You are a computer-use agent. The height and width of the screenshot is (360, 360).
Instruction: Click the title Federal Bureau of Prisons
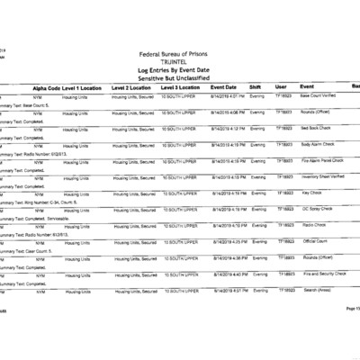tap(180, 54)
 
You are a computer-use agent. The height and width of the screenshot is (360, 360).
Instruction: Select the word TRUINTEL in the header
tap(180, 61)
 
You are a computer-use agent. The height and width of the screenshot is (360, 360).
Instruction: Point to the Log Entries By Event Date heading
tap(180, 69)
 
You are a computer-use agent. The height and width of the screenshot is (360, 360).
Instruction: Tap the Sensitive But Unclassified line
tap(180, 77)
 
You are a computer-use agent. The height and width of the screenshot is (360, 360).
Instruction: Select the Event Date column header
tap(225, 86)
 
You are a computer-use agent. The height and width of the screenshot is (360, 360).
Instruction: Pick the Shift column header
tap(255, 86)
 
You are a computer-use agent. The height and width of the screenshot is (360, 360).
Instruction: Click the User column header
tap(282, 86)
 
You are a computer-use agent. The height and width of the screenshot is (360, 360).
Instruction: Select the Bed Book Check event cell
tap(316, 128)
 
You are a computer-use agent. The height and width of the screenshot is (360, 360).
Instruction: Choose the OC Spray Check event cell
tap(318, 209)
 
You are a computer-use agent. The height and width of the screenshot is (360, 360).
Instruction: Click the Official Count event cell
tap(315, 241)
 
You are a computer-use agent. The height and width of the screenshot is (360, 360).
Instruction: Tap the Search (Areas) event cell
tap(318, 290)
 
